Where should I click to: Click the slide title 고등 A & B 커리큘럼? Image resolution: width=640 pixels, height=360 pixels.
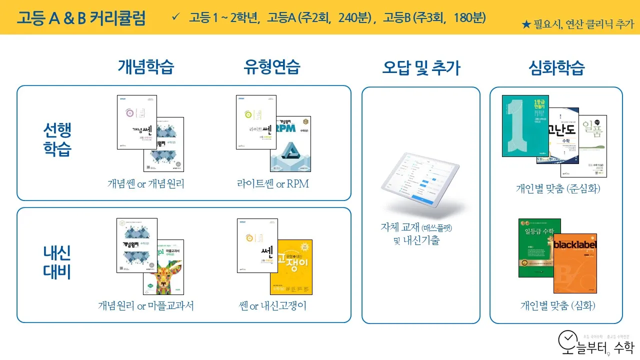(81, 18)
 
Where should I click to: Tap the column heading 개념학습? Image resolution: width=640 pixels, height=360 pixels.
(146, 67)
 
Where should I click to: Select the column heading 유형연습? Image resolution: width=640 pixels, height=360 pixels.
(272, 67)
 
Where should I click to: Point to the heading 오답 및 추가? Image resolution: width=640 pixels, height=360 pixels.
(421, 68)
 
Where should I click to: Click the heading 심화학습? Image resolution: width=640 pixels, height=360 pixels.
(556, 68)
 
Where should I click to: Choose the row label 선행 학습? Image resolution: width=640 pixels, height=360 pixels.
(57, 140)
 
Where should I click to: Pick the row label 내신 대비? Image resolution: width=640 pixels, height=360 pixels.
(57, 262)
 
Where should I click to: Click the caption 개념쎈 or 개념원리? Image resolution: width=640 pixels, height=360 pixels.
(146, 184)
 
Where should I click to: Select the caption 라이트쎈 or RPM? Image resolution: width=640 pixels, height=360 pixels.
(273, 184)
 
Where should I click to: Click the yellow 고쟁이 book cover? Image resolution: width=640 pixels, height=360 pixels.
(292, 267)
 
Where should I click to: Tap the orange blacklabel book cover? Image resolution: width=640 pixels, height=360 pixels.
(575, 263)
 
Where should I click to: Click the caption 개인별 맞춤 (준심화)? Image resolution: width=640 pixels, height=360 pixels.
(558, 189)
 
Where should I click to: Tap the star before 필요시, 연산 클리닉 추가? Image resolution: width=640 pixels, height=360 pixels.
(526, 24)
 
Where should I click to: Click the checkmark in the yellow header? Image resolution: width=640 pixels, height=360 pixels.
(175, 17)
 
